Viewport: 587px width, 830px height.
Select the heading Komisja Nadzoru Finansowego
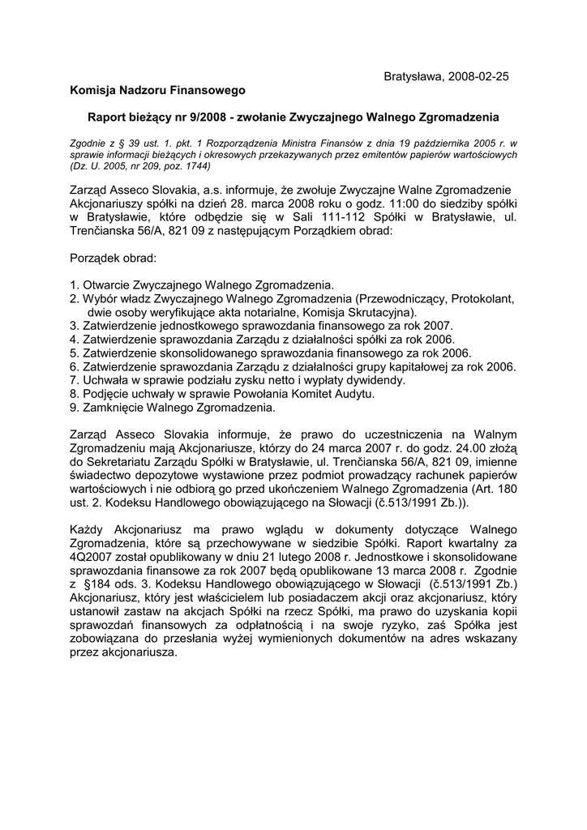coord(157,89)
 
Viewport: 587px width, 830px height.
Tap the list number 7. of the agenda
coord(75,379)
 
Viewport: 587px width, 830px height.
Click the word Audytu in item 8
coord(354,393)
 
